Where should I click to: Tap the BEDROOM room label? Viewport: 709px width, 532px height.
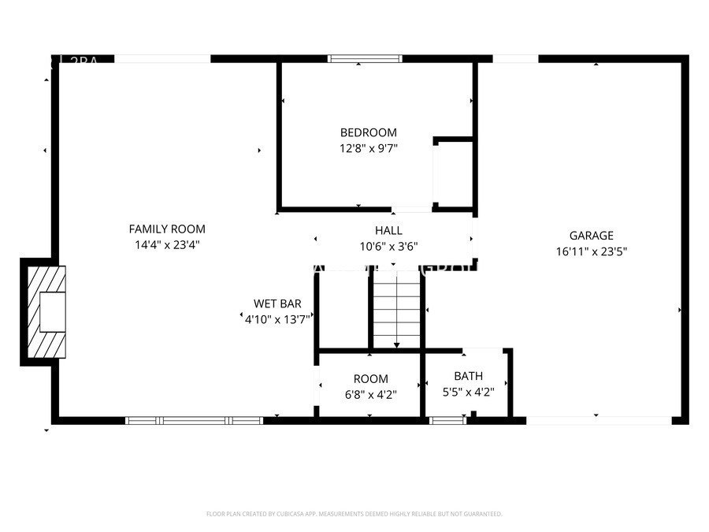coord(368,132)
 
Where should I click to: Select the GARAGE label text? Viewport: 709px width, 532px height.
coord(591,235)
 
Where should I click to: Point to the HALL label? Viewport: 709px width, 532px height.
coord(388,230)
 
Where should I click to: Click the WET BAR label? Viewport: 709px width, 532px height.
coord(277,303)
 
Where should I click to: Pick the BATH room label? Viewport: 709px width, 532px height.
coord(468,376)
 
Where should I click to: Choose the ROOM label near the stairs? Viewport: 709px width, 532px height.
coord(370,379)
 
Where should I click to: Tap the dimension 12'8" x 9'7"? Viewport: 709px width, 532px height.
coord(368,147)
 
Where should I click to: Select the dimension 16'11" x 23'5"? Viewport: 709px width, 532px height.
coord(591,251)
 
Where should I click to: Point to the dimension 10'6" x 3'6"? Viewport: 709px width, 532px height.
coord(388,246)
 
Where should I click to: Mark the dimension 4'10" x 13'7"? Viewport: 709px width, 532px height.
coord(277,318)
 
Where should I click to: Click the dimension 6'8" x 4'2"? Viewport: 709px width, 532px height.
coord(370,394)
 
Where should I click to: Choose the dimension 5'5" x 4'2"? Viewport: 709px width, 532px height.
coord(468,392)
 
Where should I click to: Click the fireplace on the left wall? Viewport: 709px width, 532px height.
coord(45,312)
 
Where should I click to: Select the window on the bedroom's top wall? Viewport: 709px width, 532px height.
coord(365,58)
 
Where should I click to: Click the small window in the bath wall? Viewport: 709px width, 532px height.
coord(448,420)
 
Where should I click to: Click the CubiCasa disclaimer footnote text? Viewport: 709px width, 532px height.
coord(354,514)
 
